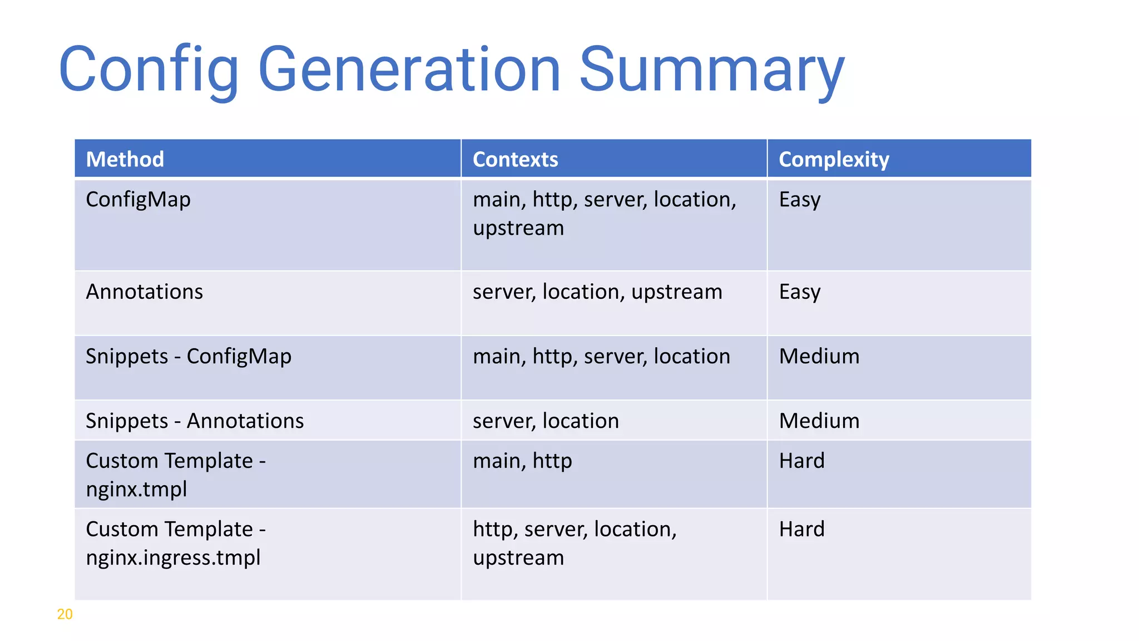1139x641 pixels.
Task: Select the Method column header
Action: point(125,159)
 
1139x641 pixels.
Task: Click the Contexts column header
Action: point(515,159)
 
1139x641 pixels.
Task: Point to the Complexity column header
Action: point(834,159)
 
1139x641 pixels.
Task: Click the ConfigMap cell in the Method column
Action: point(138,199)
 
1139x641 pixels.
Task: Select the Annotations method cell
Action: point(145,292)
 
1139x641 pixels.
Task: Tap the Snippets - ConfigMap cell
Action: point(189,356)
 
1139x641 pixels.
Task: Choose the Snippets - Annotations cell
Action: point(195,421)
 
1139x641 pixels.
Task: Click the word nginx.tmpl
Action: point(136,489)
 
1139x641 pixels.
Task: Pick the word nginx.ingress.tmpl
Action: point(173,557)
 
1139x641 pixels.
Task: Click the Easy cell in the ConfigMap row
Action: point(800,199)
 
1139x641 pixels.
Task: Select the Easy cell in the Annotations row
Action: point(800,292)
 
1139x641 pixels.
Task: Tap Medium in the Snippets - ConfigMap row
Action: point(819,356)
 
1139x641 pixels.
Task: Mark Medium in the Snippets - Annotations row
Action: point(819,421)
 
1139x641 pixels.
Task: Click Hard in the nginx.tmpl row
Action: point(801,461)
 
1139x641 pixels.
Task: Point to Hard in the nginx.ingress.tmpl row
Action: point(801,529)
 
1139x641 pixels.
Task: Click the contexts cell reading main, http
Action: point(522,461)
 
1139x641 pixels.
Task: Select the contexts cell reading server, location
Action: point(546,421)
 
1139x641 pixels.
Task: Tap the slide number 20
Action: point(65,614)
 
